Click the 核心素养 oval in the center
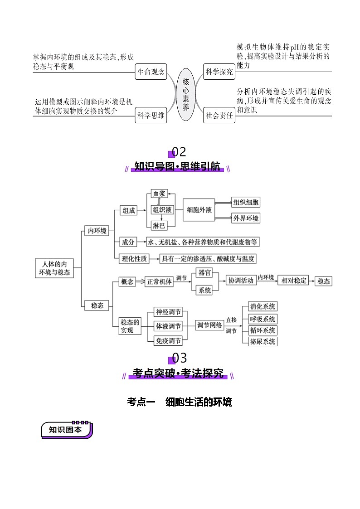tap(185, 94)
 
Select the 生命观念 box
tap(151, 72)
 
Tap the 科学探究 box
tap(219, 72)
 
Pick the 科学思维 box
tap(151, 115)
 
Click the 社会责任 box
tap(219, 115)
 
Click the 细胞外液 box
tap(199, 210)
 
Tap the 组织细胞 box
tap(246, 202)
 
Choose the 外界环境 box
tap(246, 218)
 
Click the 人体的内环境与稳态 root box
tap(54, 268)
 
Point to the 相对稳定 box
tap(294, 281)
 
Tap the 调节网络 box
tap(209, 325)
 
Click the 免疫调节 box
tap(168, 341)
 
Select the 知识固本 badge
tap(66, 430)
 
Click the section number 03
tap(179, 358)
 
